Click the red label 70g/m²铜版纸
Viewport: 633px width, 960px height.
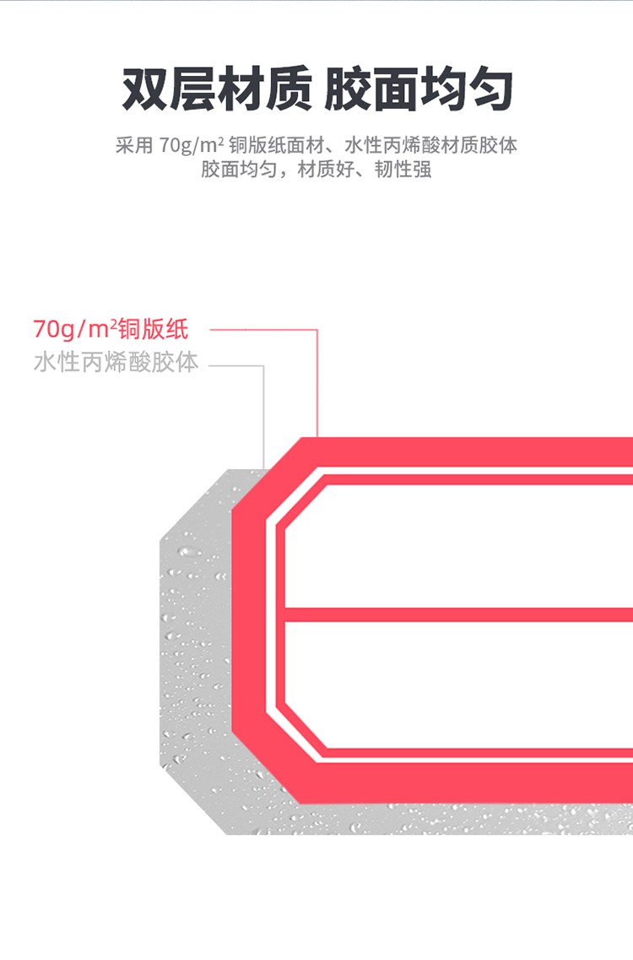pos(111,329)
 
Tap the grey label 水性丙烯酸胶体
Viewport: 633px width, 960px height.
pos(116,362)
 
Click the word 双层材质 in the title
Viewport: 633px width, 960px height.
pos(217,90)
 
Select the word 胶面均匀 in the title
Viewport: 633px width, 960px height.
pos(419,90)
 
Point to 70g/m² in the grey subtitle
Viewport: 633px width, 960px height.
pos(192,146)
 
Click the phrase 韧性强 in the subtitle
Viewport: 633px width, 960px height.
pos(403,170)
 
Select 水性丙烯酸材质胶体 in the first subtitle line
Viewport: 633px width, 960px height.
pos(430,146)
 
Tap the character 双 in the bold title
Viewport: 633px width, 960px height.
pos(145,90)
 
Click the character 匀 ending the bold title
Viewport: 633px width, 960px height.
pos(490,90)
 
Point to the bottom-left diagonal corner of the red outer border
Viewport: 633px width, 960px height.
pos(268,768)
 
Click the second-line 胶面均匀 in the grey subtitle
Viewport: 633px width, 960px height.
pos(239,170)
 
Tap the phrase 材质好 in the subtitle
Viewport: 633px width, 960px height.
pos(326,170)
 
